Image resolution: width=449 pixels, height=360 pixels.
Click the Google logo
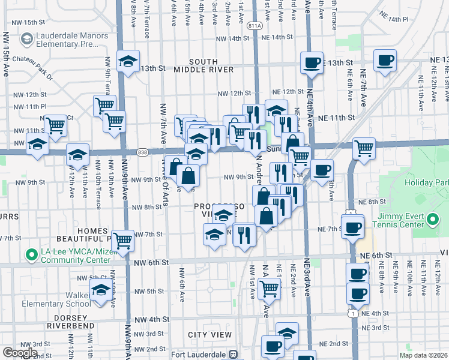click(x=20, y=353)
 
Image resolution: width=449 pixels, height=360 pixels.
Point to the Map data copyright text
click(x=423, y=355)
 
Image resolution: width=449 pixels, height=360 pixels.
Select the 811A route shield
click(x=255, y=25)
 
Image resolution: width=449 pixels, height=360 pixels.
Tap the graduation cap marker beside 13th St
click(x=128, y=62)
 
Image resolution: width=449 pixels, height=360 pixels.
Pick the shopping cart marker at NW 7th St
click(x=122, y=241)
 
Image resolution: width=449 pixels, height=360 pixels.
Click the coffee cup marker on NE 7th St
click(x=353, y=227)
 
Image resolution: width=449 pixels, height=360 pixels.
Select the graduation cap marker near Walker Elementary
click(x=101, y=293)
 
